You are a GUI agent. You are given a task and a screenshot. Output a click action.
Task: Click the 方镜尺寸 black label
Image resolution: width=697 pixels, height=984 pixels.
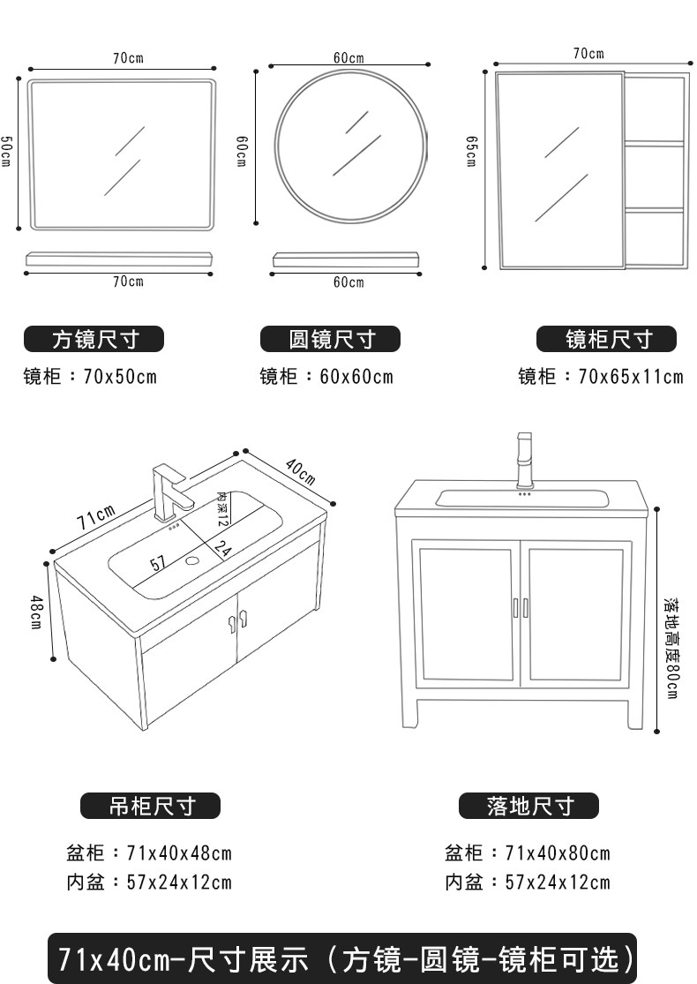pyautogui.click(x=94, y=339)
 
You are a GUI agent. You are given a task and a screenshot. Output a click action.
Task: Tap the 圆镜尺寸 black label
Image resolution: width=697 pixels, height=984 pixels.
pyautogui.click(x=330, y=339)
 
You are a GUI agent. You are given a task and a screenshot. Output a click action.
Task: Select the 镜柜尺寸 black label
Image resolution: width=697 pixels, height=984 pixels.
pyautogui.click(x=607, y=339)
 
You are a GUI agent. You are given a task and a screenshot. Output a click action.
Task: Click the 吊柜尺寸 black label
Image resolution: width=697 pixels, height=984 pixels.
pyautogui.click(x=150, y=805)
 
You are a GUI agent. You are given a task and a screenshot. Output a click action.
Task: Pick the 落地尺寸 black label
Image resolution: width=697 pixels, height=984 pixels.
pyautogui.click(x=528, y=805)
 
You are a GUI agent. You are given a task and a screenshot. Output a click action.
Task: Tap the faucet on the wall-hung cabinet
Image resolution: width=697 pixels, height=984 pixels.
pyautogui.click(x=168, y=492)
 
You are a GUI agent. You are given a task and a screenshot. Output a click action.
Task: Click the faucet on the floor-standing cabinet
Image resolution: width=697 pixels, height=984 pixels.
pyautogui.click(x=525, y=459)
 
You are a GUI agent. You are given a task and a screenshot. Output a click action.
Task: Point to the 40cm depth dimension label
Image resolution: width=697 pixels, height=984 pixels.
pyautogui.click(x=300, y=472)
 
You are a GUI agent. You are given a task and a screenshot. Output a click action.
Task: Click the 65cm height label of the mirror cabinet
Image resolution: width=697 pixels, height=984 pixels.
pyautogui.click(x=472, y=152)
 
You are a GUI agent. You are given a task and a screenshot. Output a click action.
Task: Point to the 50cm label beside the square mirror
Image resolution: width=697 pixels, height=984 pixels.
pyautogui.click(x=6, y=152)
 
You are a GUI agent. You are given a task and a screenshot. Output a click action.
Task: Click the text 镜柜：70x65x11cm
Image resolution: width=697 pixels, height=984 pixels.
pyautogui.click(x=600, y=377)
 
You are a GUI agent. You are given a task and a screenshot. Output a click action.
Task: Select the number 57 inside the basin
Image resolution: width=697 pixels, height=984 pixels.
pyautogui.click(x=158, y=563)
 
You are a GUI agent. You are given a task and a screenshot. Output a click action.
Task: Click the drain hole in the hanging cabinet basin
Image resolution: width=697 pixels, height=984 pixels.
pyautogui.click(x=192, y=560)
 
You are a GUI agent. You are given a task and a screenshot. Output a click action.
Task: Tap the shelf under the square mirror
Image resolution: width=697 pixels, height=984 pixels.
pyautogui.click(x=119, y=259)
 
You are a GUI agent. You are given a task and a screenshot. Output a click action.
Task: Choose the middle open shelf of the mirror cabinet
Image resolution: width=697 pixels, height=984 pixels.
pyautogui.click(x=655, y=177)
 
